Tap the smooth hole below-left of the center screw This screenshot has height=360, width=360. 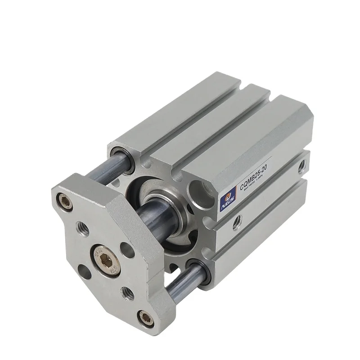[83, 269]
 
